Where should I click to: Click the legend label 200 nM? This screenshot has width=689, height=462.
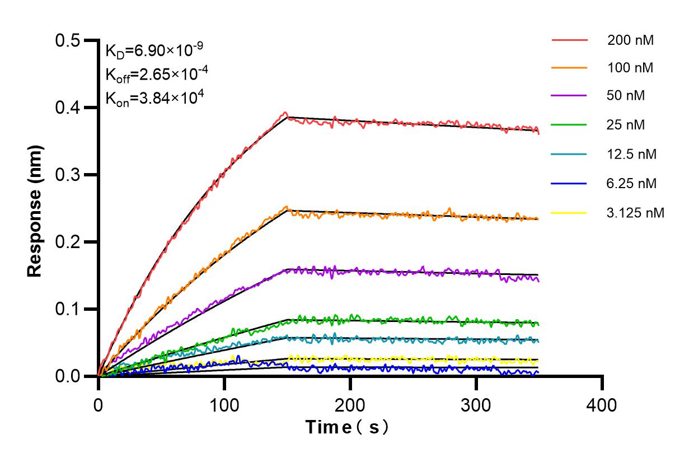[x=630, y=40]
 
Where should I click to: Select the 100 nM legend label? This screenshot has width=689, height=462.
[x=630, y=68]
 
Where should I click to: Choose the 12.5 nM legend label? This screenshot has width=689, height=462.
[x=632, y=154]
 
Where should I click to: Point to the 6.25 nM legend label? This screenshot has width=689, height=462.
[x=632, y=183]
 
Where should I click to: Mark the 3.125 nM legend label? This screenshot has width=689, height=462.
[x=635, y=213]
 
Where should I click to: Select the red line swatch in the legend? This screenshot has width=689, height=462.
[x=569, y=40]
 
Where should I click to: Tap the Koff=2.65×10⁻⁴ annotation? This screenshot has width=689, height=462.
[x=154, y=74]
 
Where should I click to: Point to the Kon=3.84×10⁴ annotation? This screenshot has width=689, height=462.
[x=154, y=98]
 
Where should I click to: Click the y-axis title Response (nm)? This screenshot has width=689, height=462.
[x=35, y=211]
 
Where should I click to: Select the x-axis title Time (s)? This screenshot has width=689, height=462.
[x=347, y=427]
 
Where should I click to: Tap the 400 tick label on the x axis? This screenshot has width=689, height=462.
[x=602, y=404]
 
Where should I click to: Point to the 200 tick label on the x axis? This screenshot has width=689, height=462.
[x=350, y=404]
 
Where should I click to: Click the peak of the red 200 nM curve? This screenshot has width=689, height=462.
[x=285, y=113]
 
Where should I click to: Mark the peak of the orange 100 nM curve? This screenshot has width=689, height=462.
[x=287, y=207]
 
